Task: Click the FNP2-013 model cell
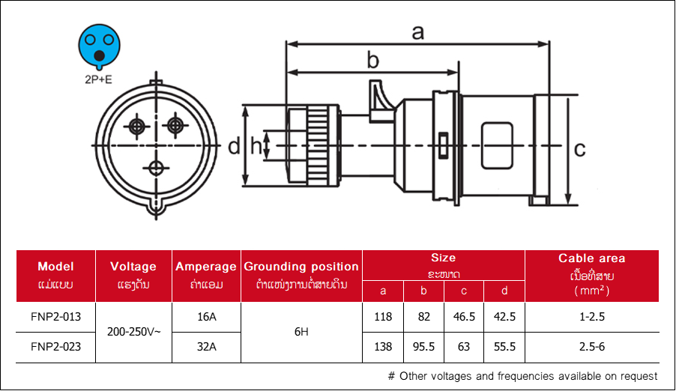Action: (55, 317)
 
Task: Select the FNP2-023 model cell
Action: (55, 347)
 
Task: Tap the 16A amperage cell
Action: (207, 317)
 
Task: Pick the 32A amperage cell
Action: (207, 347)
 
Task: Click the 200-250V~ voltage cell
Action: (133, 332)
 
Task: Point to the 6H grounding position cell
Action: (301, 332)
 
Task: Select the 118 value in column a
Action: (383, 317)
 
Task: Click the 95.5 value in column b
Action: (423, 347)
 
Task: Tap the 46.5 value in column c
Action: (464, 317)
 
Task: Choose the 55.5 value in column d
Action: (504, 347)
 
